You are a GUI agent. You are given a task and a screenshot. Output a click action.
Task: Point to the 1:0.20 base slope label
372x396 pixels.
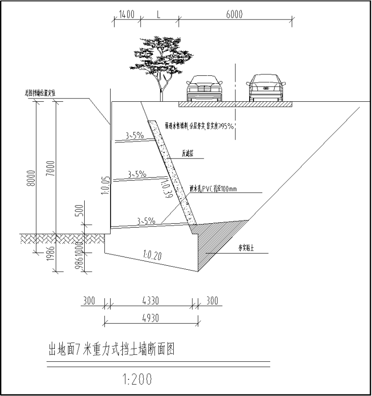pos(153,255)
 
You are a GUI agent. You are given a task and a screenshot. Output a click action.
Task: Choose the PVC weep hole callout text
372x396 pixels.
pos(212,188)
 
